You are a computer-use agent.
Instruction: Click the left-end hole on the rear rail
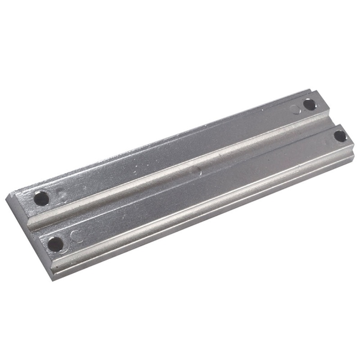pos(41,198)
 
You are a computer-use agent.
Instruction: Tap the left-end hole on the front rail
pos(55,244)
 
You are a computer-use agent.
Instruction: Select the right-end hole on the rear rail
pos(309,104)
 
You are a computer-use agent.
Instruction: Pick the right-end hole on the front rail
pos(340,135)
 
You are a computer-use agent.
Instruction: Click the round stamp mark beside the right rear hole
pos(295,109)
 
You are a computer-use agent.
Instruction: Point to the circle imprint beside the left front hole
pos(76,236)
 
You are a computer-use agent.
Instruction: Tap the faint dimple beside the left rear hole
pos(63,196)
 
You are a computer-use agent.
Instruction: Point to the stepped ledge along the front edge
pos(202,211)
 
